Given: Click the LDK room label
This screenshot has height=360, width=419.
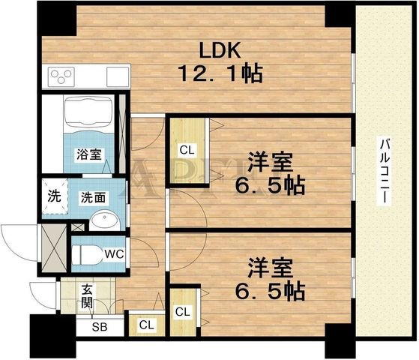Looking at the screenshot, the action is coord(220,50).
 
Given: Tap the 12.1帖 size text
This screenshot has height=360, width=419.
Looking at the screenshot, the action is coord(220,73).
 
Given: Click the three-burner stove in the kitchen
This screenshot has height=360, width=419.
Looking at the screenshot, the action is coord(61,77).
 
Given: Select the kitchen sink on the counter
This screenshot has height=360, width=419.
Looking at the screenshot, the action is coord(118,76).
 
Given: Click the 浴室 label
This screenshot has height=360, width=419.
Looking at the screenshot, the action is coord(89,154).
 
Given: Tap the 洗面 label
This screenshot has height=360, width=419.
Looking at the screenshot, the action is coord(93,197).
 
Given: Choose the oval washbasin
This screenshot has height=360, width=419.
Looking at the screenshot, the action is coord(104,220).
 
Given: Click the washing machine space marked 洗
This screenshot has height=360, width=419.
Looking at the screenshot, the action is coord(54,196).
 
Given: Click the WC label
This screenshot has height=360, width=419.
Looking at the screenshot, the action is coord(115,253).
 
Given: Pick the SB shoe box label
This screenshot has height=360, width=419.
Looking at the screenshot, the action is coord(100,326).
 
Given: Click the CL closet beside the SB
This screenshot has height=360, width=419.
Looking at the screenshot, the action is coord(147,325).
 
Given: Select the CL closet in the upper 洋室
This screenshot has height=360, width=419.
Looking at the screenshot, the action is coord(188,150).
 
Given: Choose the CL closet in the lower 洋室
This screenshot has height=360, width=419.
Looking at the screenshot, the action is coord(184,312).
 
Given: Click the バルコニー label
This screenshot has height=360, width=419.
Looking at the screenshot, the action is coord(385,172).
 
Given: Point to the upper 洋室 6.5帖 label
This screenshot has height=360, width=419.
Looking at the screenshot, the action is coord(270,173).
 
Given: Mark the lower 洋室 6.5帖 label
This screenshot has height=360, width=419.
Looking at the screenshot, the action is coord(270,280).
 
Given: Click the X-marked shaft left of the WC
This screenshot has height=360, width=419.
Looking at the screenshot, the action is coord(54,248).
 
